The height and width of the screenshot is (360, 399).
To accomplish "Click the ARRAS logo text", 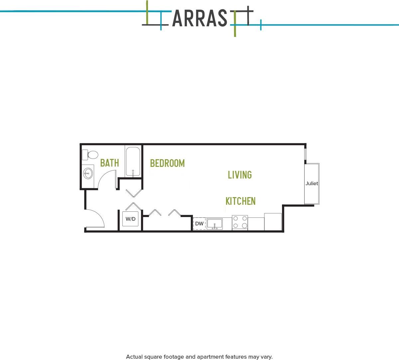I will pos(199,18).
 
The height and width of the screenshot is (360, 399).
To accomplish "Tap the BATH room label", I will pos(109,163).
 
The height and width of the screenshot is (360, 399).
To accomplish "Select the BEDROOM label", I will pos(167,163).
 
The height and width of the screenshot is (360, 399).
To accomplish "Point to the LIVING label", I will pos(240,175).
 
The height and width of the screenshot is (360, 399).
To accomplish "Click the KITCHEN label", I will pos(240,201).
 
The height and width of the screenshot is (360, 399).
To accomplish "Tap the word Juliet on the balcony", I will pos(312,183).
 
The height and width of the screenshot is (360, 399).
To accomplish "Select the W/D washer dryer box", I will pos(130,219).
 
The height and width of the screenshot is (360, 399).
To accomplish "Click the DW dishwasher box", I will pos(199,223).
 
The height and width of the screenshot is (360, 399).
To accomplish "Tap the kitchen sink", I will pos(214,224).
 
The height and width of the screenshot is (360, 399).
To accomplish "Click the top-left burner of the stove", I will pos(235,219).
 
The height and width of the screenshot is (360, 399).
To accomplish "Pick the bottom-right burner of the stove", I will pos(244,226).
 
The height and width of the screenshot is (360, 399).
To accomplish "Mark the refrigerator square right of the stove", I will pos(273,221).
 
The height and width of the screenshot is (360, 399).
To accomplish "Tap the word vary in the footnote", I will pos(266,357).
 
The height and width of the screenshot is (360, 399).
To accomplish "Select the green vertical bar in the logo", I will pos(235,23).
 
